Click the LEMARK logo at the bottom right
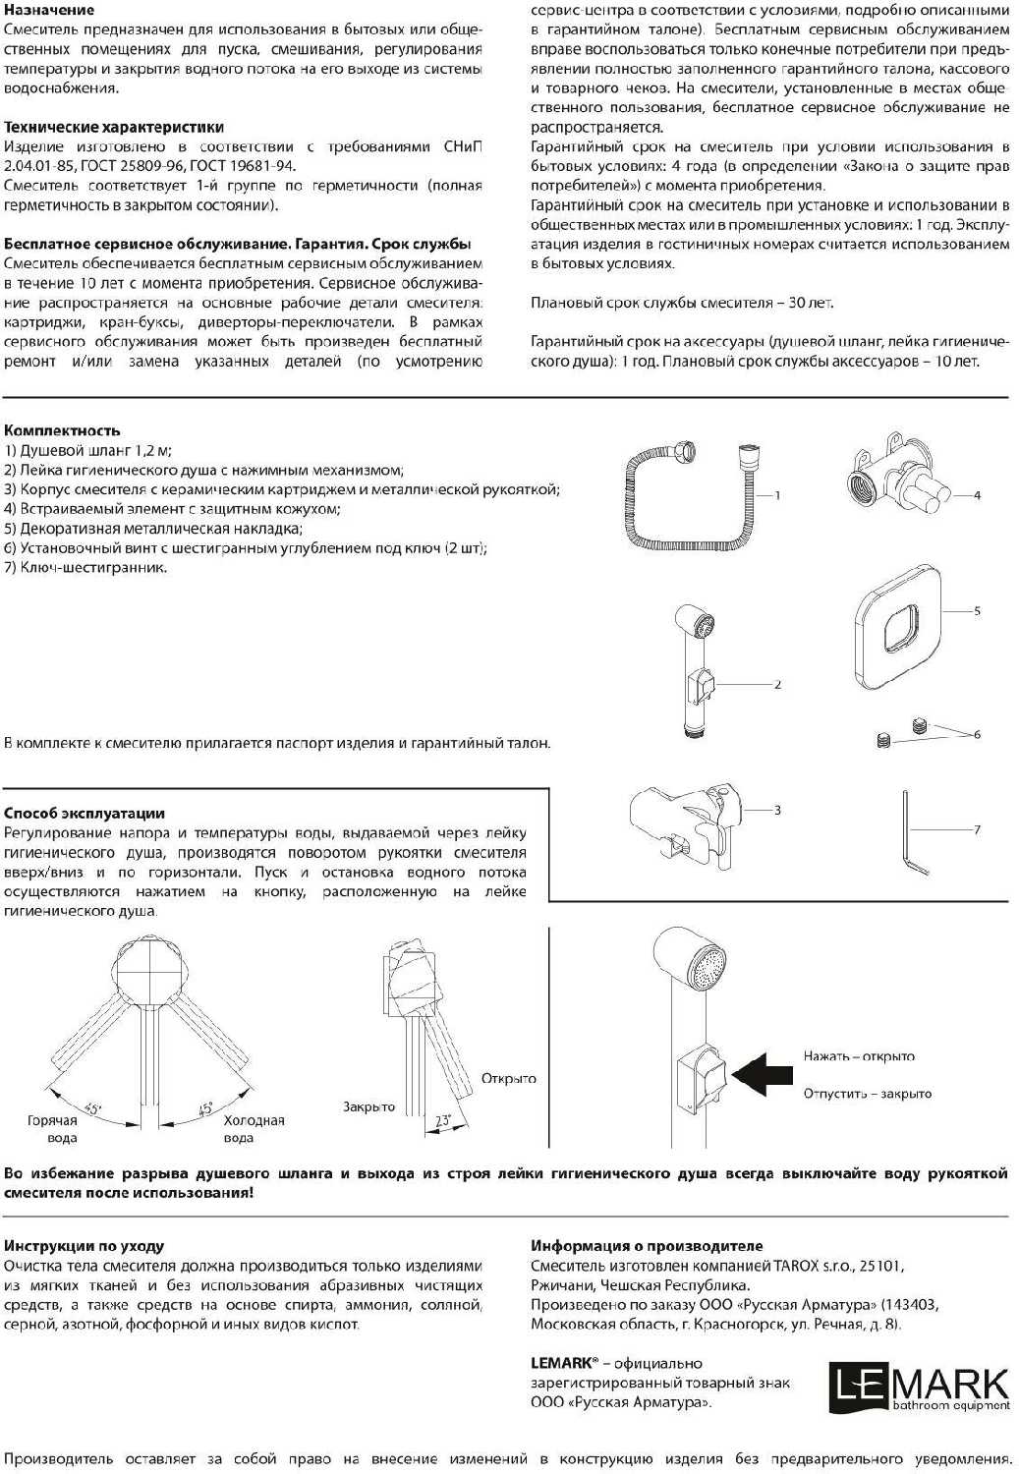tap(919, 1387)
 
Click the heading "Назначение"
tap(49, 10)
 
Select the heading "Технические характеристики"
tap(114, 127)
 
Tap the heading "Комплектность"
tap(62, 430)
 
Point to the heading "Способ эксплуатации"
tap(85, 813)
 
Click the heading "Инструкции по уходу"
tap(85, 1246)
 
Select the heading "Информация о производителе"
tap(647, 1246)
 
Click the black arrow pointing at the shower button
tap(763, 1074)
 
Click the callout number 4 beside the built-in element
tap(977, 495)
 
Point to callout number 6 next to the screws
tap(977, 734)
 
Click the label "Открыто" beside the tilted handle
tap(509, 1079)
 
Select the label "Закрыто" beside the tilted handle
tap(368, 1106)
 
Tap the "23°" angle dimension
tap(443, 1120)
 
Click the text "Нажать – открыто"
tap(859, 1056)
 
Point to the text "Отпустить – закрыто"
tap(868, 1094)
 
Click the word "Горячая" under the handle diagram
tap(53, 1120)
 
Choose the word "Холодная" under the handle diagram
tap(254, 1120)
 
